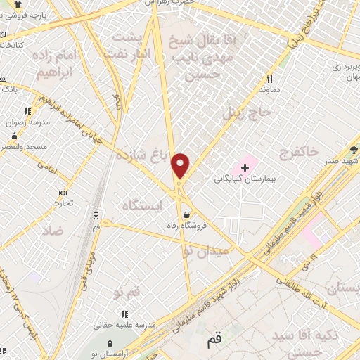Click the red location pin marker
(x=181, y=166)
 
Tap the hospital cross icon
(x=245, y=167)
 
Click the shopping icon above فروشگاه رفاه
(x=186, y=215)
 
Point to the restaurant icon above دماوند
(x=269, y=79)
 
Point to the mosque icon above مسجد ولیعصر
(x=14, y=136)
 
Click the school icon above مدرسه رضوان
(x=27, y=111)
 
